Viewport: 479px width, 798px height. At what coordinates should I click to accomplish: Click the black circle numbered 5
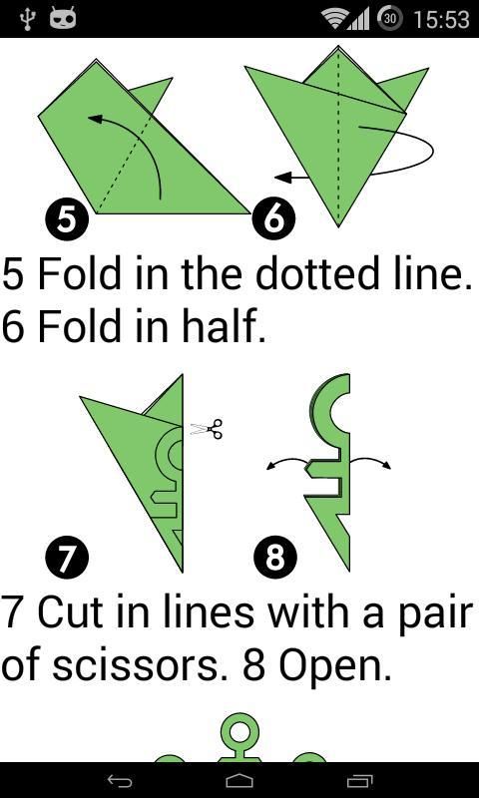pos(67,220)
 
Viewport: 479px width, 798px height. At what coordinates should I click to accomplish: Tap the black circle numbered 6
pos(273,219)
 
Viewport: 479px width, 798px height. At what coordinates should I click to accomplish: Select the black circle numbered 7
pos(67,558)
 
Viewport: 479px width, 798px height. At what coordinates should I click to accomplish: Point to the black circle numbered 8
pos(274,558)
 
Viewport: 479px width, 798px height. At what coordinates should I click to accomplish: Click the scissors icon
pos(207,429)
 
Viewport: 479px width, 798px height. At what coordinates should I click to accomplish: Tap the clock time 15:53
pos(441,19)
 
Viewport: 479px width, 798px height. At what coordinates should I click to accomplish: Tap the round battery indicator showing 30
pos(389,19)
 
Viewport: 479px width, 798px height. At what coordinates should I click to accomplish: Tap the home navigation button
pos(239,781)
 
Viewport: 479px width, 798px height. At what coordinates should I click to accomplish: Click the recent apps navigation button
pos(359,781)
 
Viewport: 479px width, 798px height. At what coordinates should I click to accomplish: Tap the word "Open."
pos(335,665)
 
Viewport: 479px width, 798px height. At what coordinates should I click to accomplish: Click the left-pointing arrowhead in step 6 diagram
pos(283,178)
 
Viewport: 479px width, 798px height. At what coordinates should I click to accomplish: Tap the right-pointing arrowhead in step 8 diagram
pos(387,465)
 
